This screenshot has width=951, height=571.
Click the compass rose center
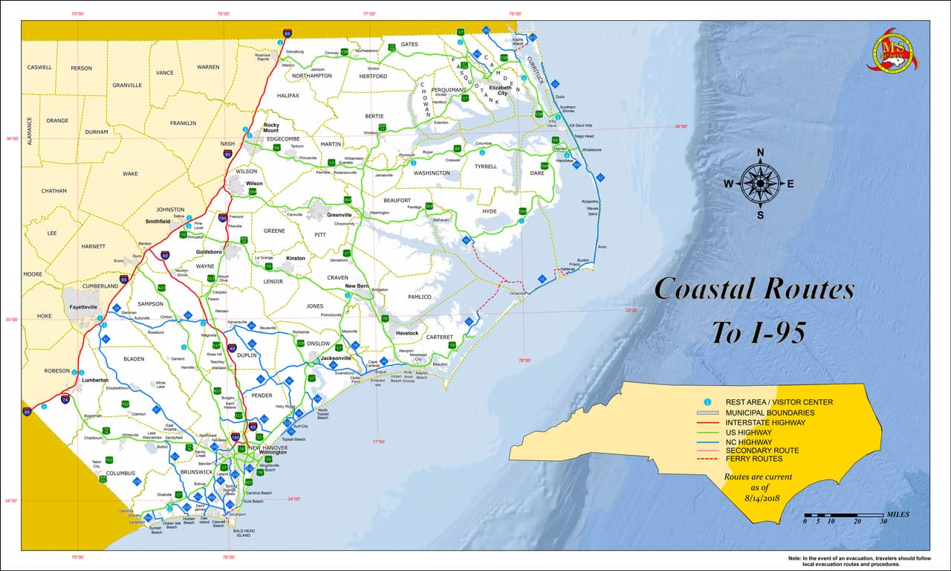click(x=760, y=183)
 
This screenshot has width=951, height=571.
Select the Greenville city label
click(x=339, y=215)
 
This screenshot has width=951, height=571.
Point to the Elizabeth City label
click(x=500, y=91)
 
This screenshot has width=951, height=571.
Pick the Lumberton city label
click(x=95, y=380)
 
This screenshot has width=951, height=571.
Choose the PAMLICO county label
click(x=419, y=297)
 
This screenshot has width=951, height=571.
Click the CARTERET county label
click(x=439, y=338)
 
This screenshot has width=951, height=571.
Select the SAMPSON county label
click(x=150, y=304)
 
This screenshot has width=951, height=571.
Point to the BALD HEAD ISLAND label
click(x=242, y=533)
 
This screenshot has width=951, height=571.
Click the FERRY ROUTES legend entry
click(x=753, y=459)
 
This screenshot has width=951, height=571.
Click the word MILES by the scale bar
click(x=898, y=514)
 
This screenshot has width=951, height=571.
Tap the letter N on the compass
click(x=760, y=152)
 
